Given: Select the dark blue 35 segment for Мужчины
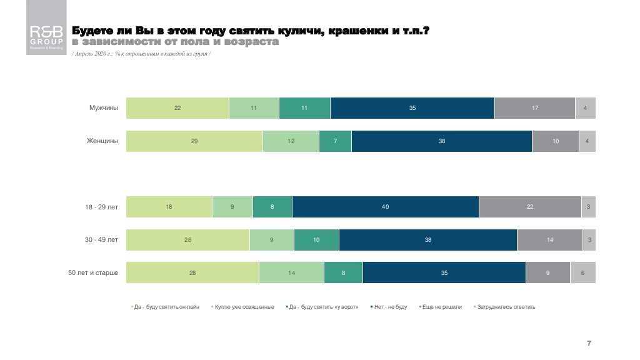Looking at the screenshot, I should (x=412, y=108).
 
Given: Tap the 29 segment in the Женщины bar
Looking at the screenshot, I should (x=194, y=141).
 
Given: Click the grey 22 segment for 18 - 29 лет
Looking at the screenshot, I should (x=529, y=207).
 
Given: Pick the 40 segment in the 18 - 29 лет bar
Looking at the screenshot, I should (x=385, y=207).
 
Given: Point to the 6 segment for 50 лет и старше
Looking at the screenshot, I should (x=582, y=272).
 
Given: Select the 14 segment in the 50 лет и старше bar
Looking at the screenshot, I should (x=291, y=272).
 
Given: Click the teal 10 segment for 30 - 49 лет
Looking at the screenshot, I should (x=316, y=240).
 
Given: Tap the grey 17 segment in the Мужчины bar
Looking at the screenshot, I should (x=534, y=108).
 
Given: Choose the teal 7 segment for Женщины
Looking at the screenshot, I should (x=335, y=141).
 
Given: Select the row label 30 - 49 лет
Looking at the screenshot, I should (x=101, y=240).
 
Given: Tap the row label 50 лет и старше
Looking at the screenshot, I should (x=93, y=272).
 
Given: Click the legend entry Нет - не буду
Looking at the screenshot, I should (x=390, y=307).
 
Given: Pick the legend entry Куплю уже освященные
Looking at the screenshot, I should (x=244, y=307).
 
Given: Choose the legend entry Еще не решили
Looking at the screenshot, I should (x=441, y=307).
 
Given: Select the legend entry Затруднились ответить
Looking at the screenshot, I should (x=506, y=307).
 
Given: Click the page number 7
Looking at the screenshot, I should (x=589, y=343).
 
